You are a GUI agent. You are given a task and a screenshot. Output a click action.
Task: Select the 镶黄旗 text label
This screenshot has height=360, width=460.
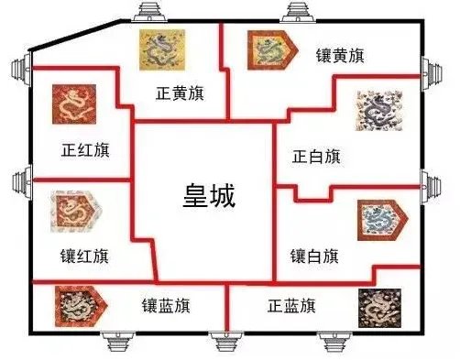click(340, 56)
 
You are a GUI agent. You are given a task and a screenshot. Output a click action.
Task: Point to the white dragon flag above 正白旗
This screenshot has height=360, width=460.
click(378, 114)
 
